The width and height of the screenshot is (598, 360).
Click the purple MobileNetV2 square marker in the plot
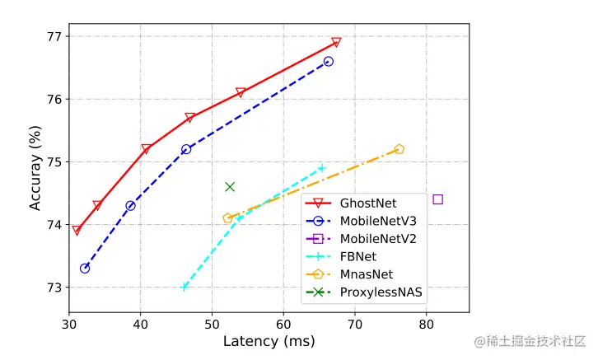[x=437, y=199]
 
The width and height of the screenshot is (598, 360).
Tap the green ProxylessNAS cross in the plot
[x=230, y=187]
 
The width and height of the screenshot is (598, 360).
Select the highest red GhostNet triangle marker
[x=336, y=42]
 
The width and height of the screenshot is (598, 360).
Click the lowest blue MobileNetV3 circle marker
[x=85, y=268]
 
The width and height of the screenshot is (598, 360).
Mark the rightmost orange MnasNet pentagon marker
[x=399, y=149]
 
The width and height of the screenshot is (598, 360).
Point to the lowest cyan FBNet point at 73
[x=185, y=287]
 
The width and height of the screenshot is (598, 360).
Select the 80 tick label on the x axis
[x=426, y=324]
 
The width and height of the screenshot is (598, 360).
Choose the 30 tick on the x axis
[x=69, y=324]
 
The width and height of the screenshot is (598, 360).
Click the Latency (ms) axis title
[x=269, y=341]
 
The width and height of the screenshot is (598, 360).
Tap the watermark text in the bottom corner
[x=530, y=339]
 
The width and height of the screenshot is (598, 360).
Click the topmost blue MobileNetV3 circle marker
[x=329, y=62]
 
